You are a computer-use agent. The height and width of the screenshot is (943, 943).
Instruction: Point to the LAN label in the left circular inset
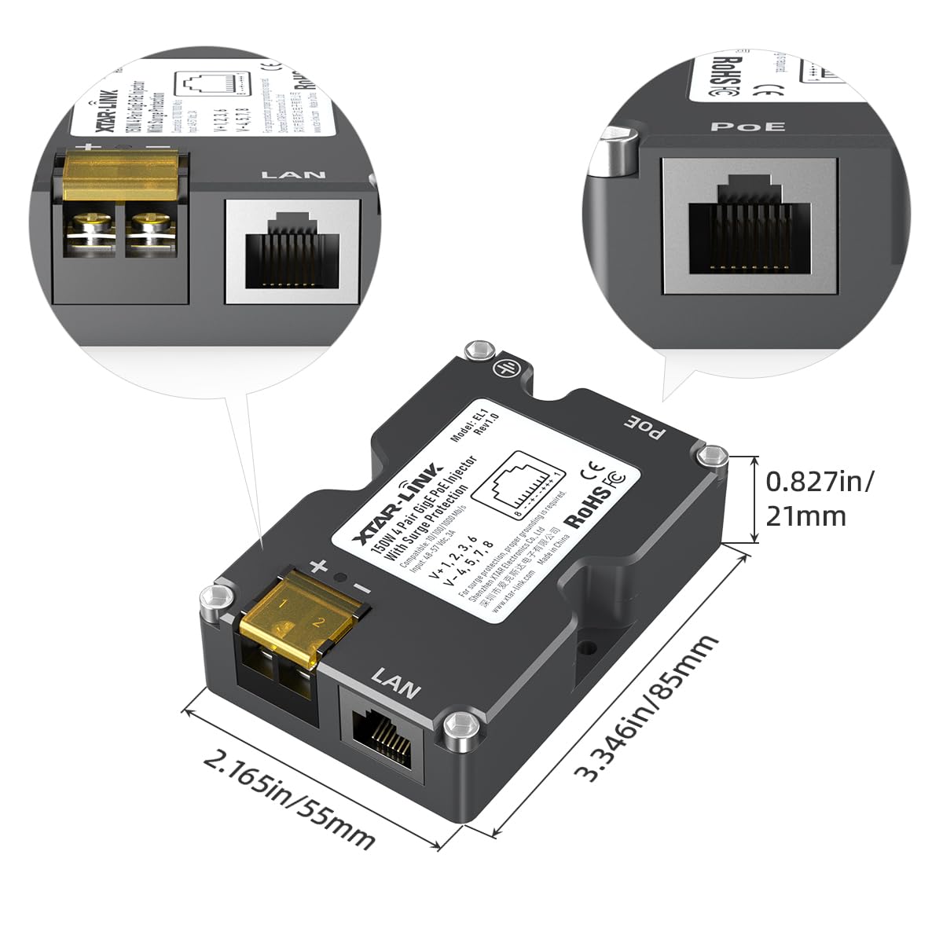tap(292, 174)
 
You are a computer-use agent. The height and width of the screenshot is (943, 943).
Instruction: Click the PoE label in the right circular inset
tap(747, 127)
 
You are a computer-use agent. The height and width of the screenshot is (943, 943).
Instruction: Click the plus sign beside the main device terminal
tap(318, 566)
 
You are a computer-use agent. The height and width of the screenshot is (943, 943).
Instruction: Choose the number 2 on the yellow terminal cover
tap(318, 622)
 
